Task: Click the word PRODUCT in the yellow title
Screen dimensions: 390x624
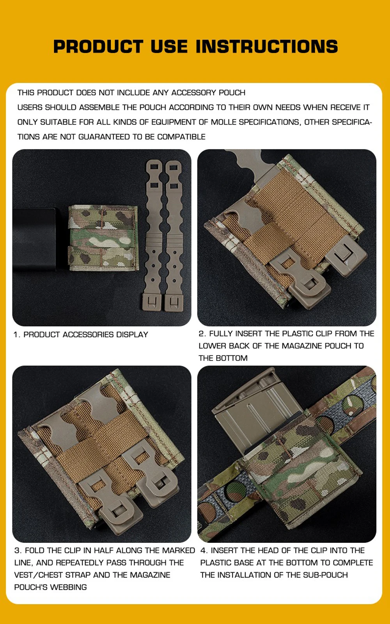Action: coord(98,46)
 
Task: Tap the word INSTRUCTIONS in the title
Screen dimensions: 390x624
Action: coord(267,46)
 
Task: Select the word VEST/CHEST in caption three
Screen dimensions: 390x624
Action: coord(39,575)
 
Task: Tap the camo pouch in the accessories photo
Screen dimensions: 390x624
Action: coord(103,238)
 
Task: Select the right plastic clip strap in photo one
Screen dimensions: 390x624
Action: coord(173,236)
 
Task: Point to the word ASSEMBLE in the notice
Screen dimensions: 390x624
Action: coord(99,107)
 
